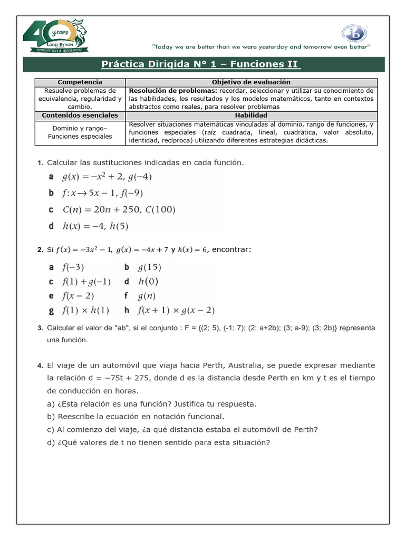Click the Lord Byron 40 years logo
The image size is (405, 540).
point(54,37)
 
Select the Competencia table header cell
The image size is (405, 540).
point(80,82)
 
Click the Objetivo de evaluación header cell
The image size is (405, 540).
point(251,82)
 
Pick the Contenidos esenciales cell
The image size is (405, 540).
point(80,115)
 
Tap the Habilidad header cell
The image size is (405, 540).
point(251,115)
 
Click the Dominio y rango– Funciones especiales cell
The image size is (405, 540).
point(80,132)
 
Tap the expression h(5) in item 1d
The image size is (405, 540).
point(119,227)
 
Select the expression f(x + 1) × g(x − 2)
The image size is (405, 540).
point(176,310)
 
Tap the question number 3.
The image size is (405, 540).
point(40,328)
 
